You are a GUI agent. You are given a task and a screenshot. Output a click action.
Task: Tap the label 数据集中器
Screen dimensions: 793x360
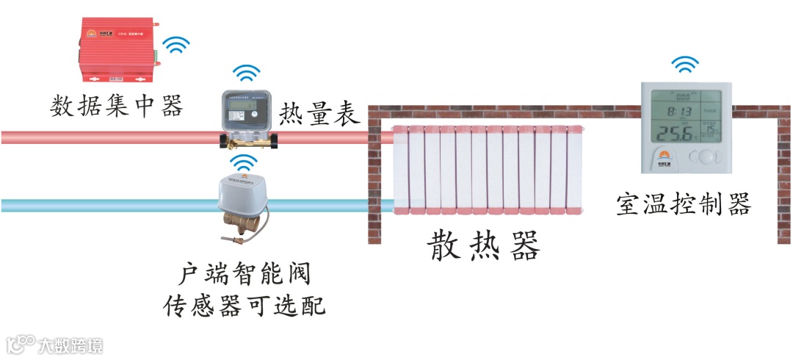coord(116,107)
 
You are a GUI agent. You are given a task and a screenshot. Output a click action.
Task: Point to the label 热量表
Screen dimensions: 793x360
coord(318,115)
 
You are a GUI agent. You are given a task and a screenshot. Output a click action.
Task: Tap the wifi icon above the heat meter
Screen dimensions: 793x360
coord(246,74)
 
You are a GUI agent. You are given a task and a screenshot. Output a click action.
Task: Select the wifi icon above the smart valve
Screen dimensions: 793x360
coord(245,162)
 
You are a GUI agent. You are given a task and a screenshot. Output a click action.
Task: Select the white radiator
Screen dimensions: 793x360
coord(488,170)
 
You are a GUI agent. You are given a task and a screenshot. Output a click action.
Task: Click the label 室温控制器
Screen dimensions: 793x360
coord(684,204)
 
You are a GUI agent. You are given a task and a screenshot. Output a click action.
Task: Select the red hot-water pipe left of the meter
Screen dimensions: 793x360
coord(110,137)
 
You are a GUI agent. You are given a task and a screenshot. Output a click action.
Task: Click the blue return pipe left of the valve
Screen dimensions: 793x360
coord(110,205)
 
